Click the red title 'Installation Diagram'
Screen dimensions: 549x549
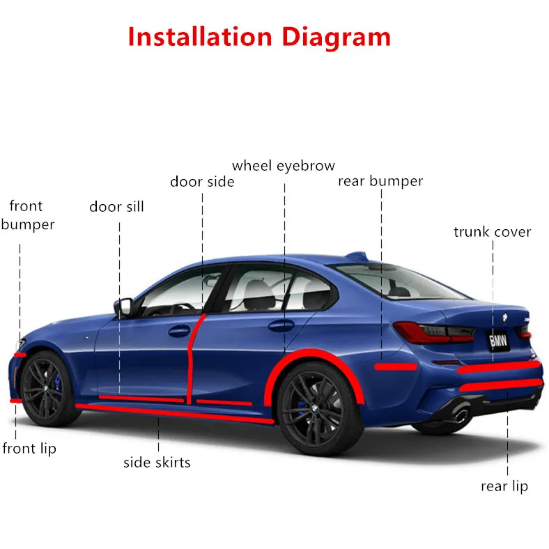(258, 36)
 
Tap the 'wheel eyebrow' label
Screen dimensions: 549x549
(283, 166)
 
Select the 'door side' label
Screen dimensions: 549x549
(202, 182)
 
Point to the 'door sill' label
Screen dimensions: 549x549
(116, 207)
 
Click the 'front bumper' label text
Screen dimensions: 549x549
(27, 215)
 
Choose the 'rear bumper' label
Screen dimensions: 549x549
(380, 181)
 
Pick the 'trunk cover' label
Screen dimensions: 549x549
(492, 232)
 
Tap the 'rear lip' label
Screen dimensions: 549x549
(504, 486)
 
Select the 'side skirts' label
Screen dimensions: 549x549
(157, 462)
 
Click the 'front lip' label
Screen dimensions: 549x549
(29, 449)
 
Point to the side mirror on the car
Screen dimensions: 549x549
(124, 307)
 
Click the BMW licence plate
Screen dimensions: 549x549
(499, 341)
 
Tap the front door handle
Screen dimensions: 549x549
(179, 330)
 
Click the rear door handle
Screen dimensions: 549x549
(281, 325)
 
